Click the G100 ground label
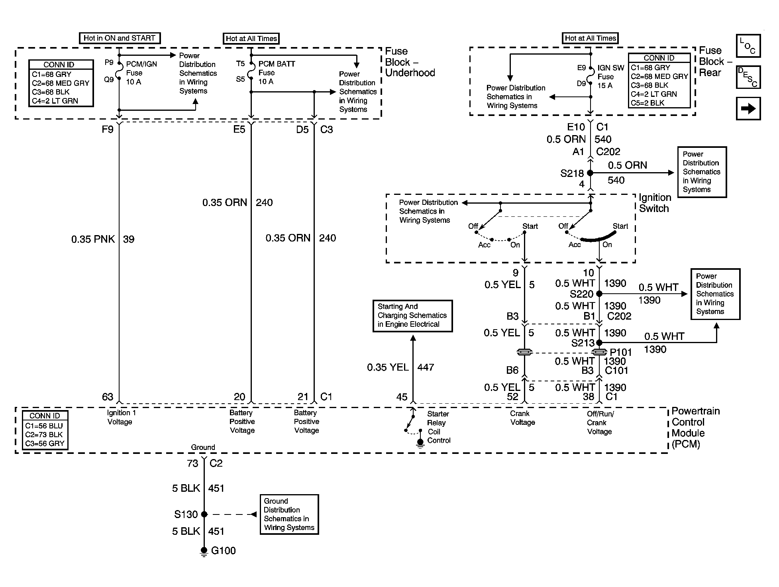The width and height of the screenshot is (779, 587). click(223, 551)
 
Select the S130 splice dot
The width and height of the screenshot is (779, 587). click(204, 514)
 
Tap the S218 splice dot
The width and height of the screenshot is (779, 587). click(591, 173)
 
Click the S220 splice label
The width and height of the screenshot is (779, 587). click(581, 294)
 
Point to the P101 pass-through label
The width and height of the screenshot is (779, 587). click(621, 352)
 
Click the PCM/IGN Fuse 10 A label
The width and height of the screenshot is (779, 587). click(141, 73)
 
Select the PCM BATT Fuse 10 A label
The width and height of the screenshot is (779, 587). click(277, 73)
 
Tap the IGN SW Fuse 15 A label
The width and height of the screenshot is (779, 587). click(611, 77)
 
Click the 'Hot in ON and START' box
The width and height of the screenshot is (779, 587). click(120, 38)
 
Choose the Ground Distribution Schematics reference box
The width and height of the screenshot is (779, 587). click(289, 514)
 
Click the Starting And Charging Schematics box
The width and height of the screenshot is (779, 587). click(412, 316)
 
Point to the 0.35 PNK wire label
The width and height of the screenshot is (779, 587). click(93, 239)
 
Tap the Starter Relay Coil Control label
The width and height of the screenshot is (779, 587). click(439, 427)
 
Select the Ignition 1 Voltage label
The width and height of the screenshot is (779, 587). click(120, 417)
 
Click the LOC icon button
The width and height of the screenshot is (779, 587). click(748, 46)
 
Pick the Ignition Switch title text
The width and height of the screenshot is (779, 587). click(654, 203)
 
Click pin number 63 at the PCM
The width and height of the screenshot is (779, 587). click(108, 397)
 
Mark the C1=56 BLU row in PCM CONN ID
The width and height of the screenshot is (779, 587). click(44, 426)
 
